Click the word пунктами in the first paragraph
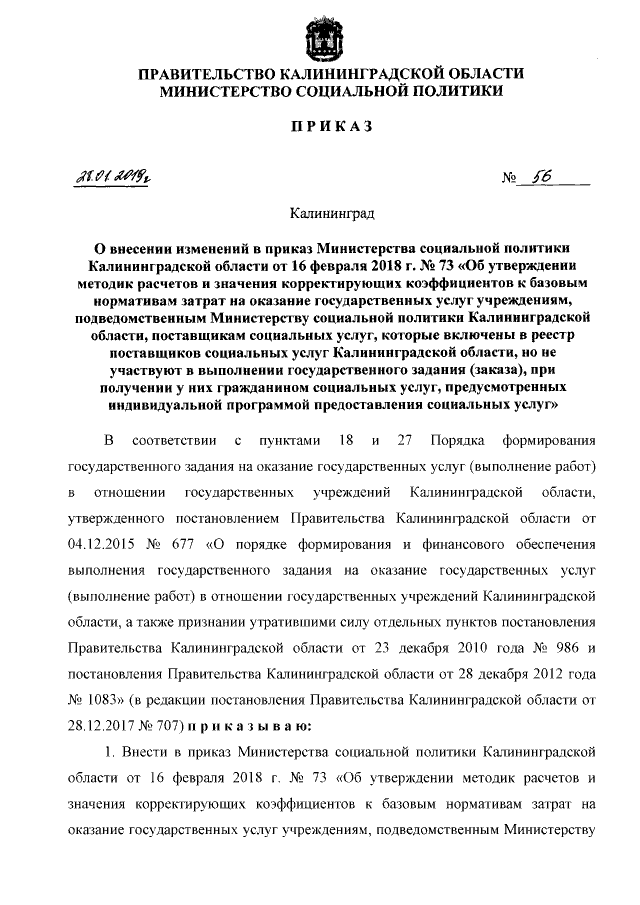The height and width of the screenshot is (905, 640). (288, 441)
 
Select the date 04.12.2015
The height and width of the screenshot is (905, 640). (100, 545)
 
